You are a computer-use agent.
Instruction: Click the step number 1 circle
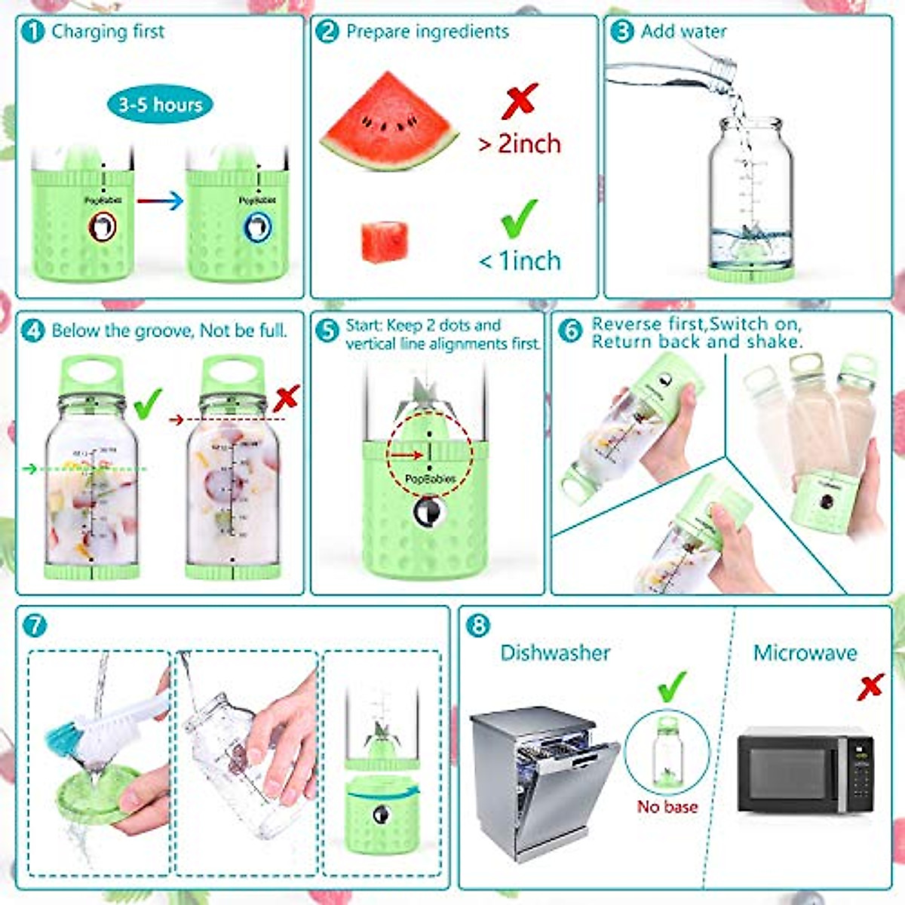(x=34, y=32)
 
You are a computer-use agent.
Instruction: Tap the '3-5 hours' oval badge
(x=160, y=104)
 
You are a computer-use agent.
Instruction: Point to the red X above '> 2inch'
(x=520, y=101)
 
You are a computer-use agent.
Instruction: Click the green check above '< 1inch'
(x=520, y=219)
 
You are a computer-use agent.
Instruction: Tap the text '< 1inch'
(x=520, y=261)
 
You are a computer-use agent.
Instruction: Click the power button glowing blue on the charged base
(x=257, y=227)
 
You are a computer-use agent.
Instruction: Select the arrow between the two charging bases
(x=160, y=201)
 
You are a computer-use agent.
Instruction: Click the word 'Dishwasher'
(x=555, y=653)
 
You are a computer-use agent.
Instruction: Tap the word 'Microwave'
(x=805, y=653)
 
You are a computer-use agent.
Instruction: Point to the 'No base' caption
(x=667, y=807)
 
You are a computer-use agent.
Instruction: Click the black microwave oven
(x=805, y=771)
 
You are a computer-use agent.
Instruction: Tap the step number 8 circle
(x=478, y=625)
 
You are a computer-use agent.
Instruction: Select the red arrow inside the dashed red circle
(x=407, y=455)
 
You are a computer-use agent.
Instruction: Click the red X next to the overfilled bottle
(x=287, y=398)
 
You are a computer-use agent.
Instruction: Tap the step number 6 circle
(x=570, y=330)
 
